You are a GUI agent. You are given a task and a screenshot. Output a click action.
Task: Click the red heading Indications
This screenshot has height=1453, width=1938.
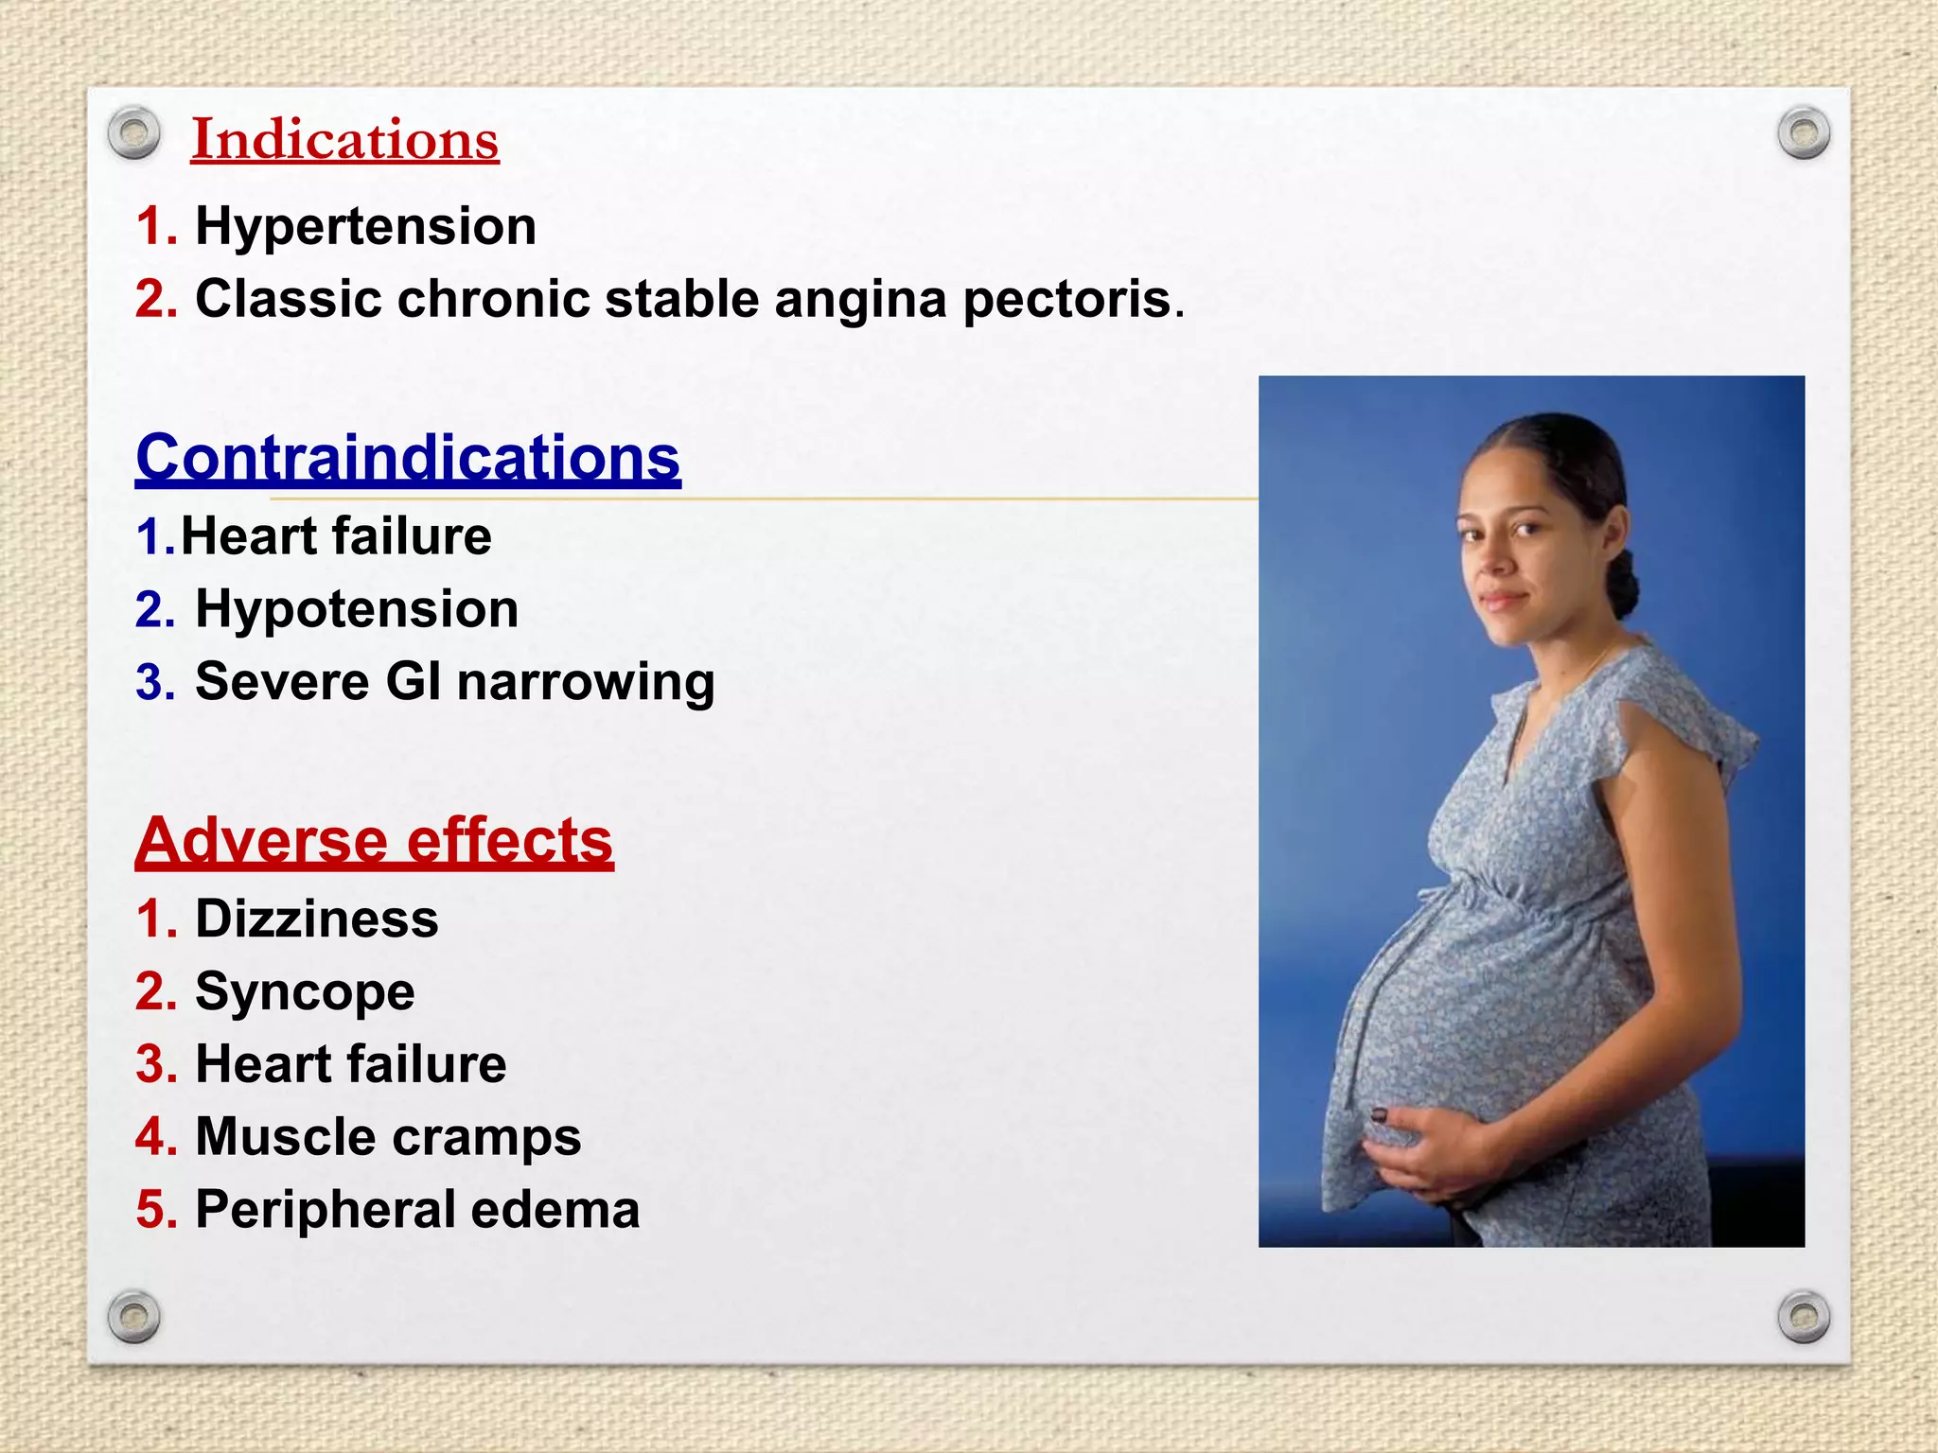[344, 140]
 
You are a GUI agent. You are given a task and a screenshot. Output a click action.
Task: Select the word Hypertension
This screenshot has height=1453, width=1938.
[365, 227]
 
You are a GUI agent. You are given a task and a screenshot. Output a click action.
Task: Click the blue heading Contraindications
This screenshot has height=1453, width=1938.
[408, 458]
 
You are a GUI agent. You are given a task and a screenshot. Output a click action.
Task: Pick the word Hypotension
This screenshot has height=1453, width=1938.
[357, 608]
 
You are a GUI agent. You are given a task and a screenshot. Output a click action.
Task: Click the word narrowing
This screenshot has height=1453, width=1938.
[586, 683]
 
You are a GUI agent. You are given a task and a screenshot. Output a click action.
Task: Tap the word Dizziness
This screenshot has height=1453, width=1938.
[317, 919]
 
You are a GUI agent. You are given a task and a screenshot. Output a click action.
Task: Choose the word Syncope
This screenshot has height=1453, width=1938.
[305, 992]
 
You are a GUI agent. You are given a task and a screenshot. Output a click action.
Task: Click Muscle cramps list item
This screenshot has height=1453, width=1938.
[388, 1136]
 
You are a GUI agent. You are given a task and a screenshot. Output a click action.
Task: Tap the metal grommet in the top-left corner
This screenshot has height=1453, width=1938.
[133, 133]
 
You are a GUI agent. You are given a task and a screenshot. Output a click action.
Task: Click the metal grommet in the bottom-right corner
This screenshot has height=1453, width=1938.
[1804, 1316]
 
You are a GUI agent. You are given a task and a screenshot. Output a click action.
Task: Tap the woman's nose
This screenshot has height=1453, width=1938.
[1493, 558]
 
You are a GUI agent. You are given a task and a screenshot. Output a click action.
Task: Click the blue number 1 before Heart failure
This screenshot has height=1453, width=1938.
[151, 537]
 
